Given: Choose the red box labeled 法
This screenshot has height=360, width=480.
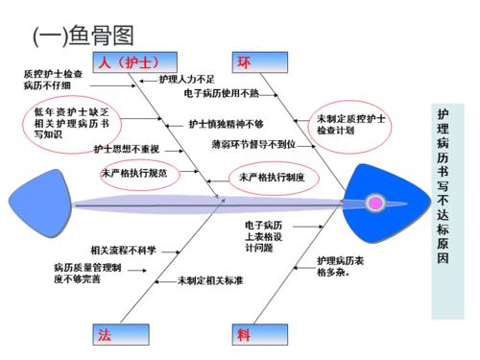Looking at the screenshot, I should click(x=106, y=334).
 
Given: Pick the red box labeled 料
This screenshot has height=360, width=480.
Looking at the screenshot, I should click(x=244, y=334).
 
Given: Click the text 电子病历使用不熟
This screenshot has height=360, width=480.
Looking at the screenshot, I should click(x=221, y=94).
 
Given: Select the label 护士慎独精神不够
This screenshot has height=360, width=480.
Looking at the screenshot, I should click(x=226, y=124).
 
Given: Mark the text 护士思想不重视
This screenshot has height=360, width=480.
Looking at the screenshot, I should click(x=126, y=149).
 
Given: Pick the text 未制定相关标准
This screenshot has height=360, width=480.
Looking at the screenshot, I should click(x=209, y=280).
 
